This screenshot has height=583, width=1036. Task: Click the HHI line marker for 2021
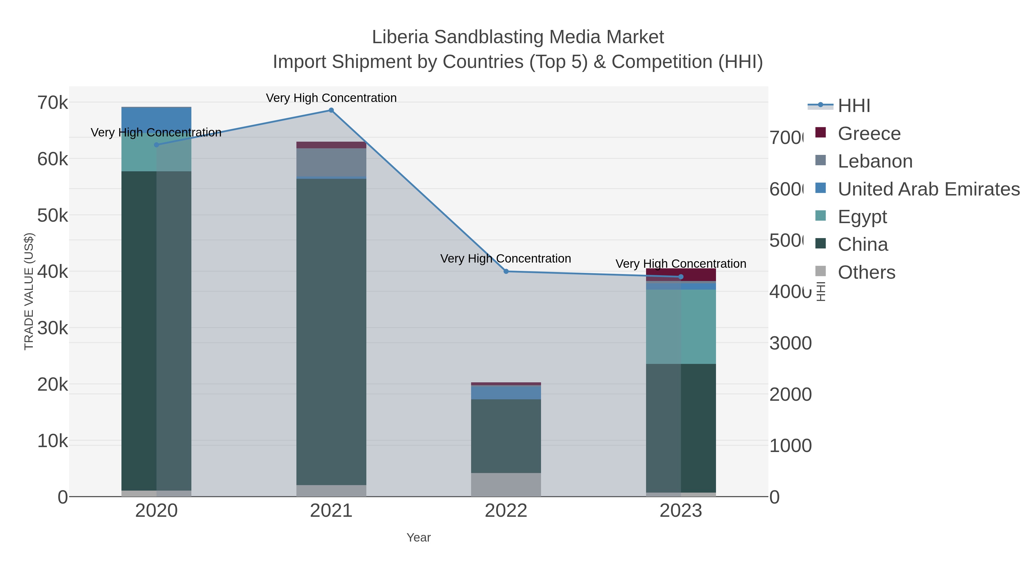pos(331,110)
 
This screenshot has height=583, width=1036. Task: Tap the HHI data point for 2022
pos(506,271)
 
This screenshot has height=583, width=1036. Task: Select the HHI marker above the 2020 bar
pos(157,145)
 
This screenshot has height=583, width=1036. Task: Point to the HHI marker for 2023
pos(681,277)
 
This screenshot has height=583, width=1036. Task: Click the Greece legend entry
pos(869,134)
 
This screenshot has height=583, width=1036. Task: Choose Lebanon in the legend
pos(875,161)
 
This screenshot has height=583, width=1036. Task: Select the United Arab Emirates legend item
pos(928,189)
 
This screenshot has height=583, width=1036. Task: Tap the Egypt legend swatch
pos(820,216)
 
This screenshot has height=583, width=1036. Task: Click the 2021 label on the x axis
pos(331,510)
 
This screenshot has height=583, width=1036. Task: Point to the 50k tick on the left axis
pos(53,216)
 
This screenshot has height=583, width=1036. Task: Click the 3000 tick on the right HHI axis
pos(790,343)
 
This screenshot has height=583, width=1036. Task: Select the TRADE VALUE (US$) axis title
pos(29,291)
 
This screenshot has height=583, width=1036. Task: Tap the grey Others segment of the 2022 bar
pos(506,485)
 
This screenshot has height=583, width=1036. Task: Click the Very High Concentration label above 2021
pos(331,98)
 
